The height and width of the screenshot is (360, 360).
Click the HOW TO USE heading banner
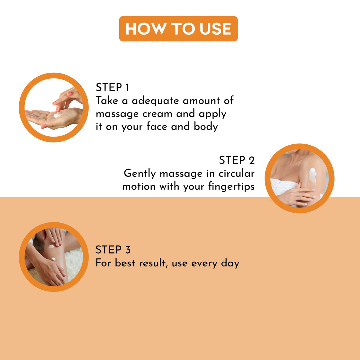click(x=178, y=29)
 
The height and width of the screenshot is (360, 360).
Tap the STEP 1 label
click(x=113, y=87)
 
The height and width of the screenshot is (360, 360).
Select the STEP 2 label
click(x=237, y=160)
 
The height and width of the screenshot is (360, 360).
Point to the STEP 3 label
click(x=113, y=250)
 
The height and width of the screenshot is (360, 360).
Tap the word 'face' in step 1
click(x=157, y=127)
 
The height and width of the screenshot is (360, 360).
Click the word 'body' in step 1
click(x=206, y=127)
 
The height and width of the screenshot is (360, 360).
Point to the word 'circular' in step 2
click(x=237, y=174)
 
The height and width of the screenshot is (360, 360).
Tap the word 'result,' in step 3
click(x=154, y=263)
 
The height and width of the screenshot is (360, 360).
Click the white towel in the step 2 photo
click(x=280, y=188)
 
